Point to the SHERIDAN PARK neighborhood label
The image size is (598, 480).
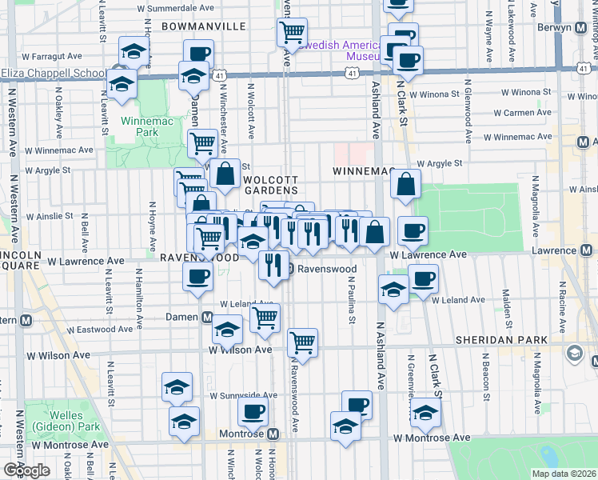(501, 340)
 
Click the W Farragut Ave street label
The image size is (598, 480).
(53, 58)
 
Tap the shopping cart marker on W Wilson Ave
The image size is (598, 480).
(302, 342)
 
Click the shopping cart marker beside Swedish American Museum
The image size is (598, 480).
(292, 32)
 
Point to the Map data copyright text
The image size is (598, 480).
(564, 474)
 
